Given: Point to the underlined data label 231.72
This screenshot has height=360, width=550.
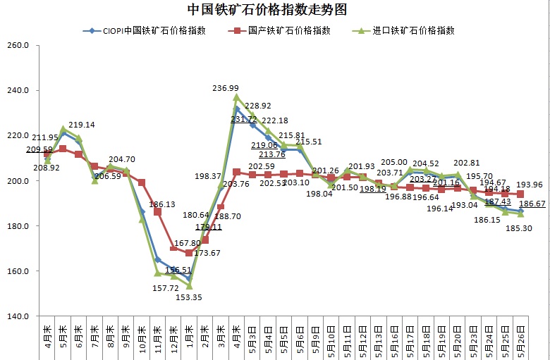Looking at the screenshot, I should click(x=244, y=119).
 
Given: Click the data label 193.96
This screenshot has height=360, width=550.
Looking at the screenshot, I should click(x=533, y=185).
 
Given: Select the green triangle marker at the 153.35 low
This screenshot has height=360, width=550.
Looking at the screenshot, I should click(x=189, y=285).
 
